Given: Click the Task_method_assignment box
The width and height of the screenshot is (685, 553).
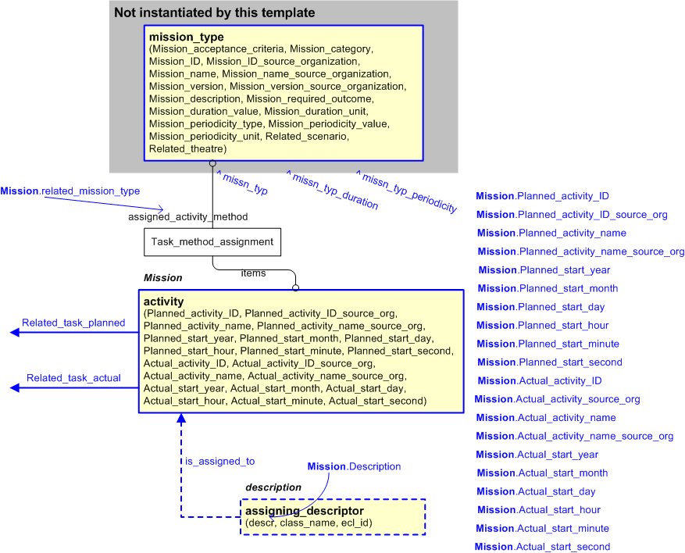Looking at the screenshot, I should tap(212, 242).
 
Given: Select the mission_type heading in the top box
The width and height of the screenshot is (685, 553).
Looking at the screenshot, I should tap(186, 37).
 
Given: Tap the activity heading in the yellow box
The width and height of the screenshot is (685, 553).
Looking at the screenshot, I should tap(164, 301).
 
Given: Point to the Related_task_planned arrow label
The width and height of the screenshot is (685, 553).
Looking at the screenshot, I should tap(73, 323).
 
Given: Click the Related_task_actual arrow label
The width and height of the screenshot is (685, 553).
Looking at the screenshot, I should tap(73, 378).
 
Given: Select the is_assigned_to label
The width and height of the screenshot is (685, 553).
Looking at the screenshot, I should tap(219, 462).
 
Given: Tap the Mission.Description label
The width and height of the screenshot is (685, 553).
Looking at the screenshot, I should tap(354, 466).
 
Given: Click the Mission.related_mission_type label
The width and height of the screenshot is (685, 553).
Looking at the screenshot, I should tap(70, 191).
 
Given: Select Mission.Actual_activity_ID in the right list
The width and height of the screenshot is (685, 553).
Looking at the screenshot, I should tap(539, 381).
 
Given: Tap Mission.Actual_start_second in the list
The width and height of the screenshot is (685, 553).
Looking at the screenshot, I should tap(543, 547).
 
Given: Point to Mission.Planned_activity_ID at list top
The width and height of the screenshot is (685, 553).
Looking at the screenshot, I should tap(542, 196).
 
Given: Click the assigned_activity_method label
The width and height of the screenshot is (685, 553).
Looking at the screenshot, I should tap(187, 216).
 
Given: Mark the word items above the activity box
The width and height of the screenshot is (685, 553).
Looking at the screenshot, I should tap(253, 273).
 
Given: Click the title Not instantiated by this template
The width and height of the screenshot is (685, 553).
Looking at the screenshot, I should tap(214, 12).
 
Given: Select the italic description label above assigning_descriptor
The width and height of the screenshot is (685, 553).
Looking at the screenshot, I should tap(273, 487).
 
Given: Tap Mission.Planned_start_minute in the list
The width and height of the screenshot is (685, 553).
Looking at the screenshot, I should tap(548, 344).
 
